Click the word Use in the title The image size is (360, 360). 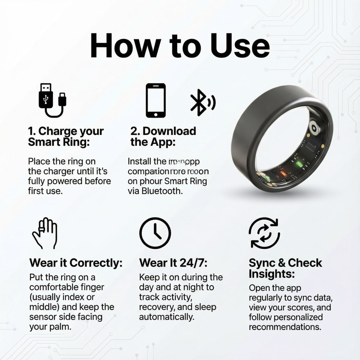click(240, 46)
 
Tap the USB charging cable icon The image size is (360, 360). click(52, 100)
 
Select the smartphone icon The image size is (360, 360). click(156, 100)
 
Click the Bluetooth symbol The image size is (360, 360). click(202, 102)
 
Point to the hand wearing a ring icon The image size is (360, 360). click(45, 233)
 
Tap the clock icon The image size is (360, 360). click(155, 233)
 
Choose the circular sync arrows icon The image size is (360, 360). click(264, 233)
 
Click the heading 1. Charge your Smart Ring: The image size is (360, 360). click(66, 136)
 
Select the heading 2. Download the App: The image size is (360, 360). click(163, 136)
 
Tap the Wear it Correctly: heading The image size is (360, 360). click(76, 263)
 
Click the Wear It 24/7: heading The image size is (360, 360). click(173, 263)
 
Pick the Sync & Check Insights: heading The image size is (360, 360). click(285, 268)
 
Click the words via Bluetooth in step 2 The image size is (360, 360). click(155, 191)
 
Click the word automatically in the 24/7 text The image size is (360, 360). click(166, 317)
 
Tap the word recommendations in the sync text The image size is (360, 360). click(285, 327)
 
